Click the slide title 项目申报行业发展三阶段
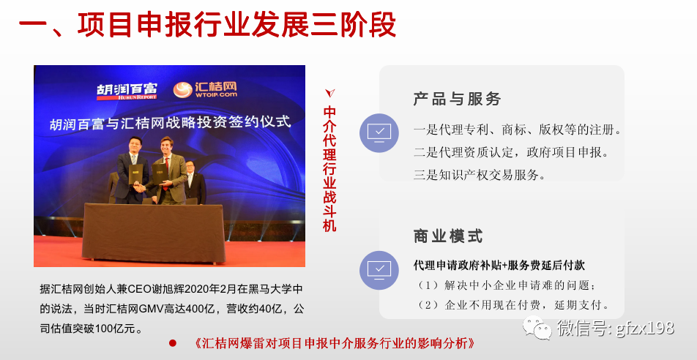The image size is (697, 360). [x=237, y=25]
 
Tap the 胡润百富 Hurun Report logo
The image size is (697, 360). [x=127, y=91]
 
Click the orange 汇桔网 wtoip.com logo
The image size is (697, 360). [x=205, y=90]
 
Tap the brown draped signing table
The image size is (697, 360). [x=153, y=233]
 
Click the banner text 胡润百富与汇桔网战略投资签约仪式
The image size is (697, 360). [x=171, y=121]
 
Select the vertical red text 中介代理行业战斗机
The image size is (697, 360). [x=329, y=169]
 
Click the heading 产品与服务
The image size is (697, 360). [x=457, y=99]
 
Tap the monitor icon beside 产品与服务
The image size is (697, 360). [x=379, y=133]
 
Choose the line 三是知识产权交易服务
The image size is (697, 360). [x=480, y=175]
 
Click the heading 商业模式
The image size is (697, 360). [x=448, y=236]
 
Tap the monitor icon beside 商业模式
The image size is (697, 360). [x=379, y=271]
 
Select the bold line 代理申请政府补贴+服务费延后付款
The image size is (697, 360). [x=499, y=266]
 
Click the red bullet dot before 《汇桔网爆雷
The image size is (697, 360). [x=173, y=343]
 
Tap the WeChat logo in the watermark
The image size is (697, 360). [x=536, y=327]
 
